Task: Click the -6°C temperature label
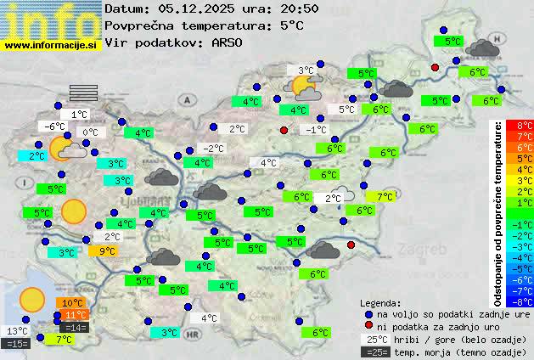pos(55,127)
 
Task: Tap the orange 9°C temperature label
pos(106,250)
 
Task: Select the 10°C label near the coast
pos(72,303)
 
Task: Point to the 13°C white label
pos(17,331)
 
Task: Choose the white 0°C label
pos(89,132)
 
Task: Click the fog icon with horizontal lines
pos(83,93)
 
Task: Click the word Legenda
pos(380,303)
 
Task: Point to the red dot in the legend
pos(368,326)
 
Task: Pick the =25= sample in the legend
pos(378,352)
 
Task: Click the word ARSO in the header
pos(228,42)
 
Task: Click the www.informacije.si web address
pos(51,44)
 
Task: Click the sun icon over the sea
pos(32,298)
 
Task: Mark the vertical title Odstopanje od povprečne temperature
pos(499,213)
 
